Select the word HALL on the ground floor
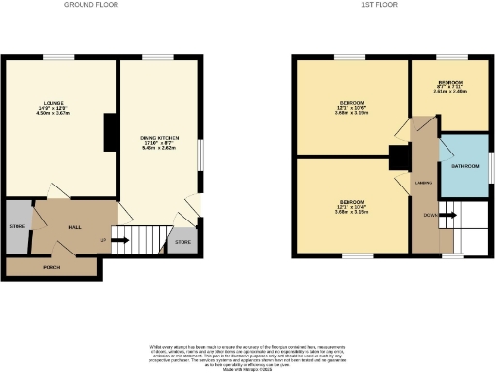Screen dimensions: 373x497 tap(74, 227)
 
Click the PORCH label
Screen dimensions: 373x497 tap(52, 265)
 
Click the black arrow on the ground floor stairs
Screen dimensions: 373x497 tap(119, 239)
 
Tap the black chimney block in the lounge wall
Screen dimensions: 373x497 tap(110, 128)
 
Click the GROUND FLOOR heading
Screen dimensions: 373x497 tap(91, 5)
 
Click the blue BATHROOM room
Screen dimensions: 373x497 tap(464, 165)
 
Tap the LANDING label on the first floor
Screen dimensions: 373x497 tap(423, 182)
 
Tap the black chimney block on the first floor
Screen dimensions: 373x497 tap(397, 157)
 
